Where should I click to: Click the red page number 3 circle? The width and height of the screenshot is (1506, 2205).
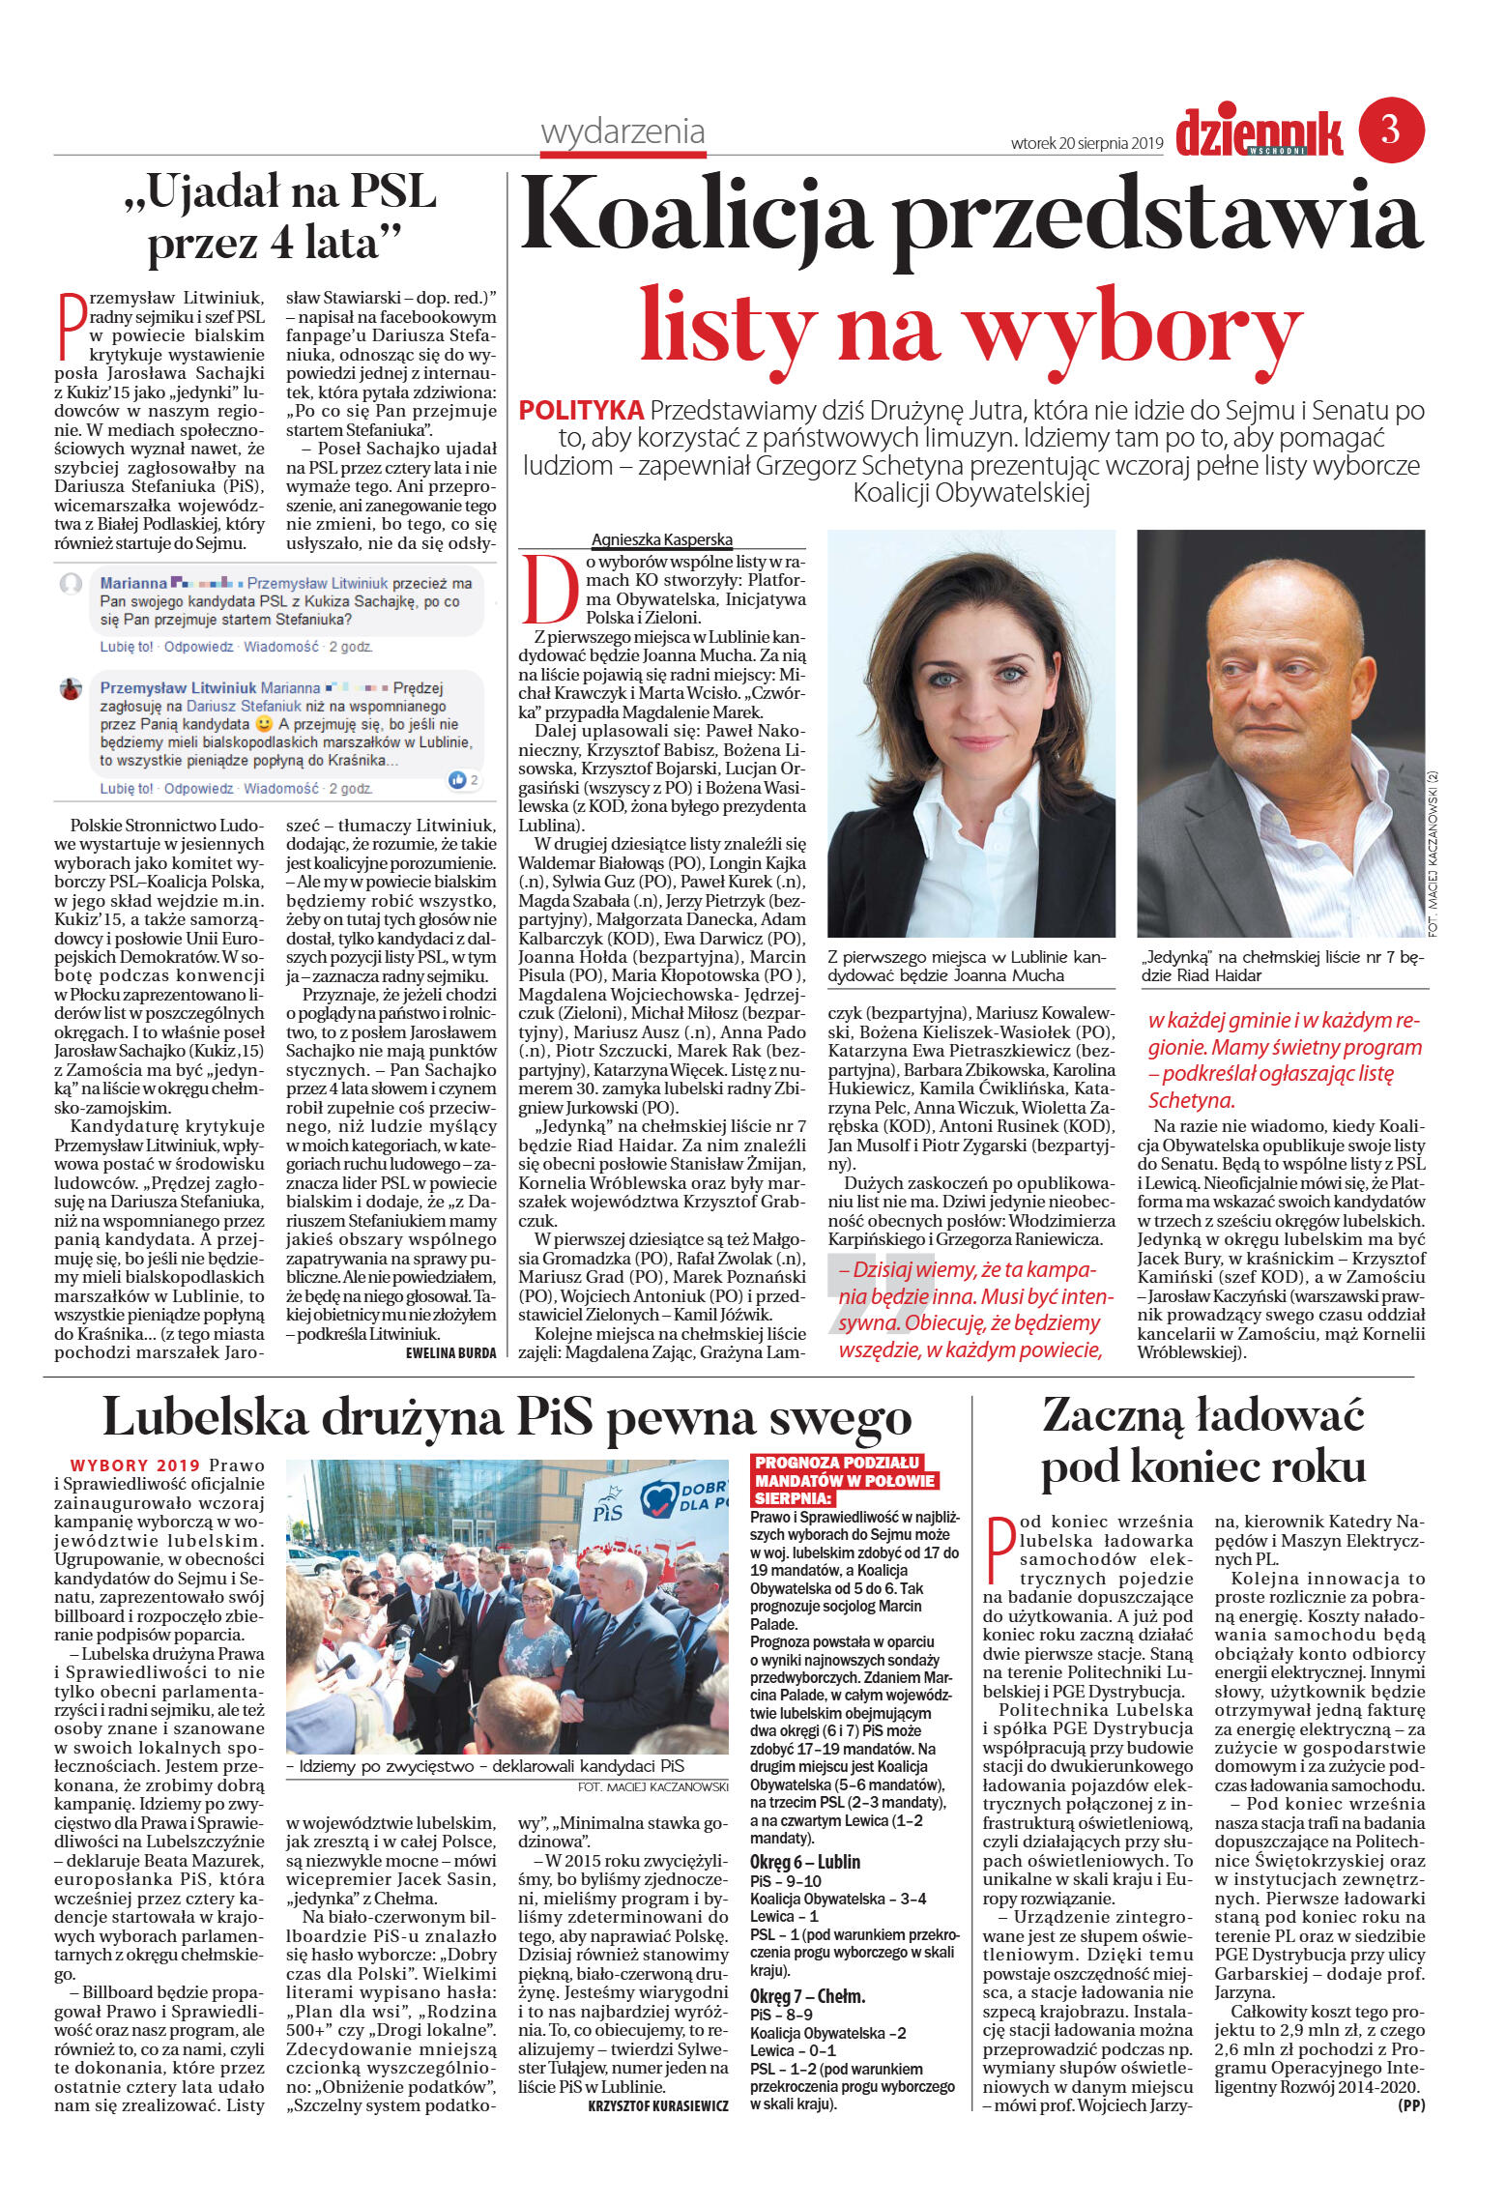(1391, 130)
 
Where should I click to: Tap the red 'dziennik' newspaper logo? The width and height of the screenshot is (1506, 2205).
(1259, 132)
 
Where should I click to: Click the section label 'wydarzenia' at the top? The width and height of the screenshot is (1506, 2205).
(623, 131)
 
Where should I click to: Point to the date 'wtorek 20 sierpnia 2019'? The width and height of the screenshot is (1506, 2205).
(1086, 143)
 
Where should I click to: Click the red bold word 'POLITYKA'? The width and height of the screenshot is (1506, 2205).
(581, 411)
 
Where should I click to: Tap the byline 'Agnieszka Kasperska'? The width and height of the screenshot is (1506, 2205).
(662, 539)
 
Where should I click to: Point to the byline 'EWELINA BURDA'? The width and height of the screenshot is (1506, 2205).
(450, 1352)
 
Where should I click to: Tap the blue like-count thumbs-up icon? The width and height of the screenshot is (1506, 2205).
(457, 779)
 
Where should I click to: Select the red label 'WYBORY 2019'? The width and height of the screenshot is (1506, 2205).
(135, 1465)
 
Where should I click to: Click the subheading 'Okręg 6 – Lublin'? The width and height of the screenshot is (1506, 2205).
(804, 1862)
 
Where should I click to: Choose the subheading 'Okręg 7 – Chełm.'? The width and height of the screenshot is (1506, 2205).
(807, 1996)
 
